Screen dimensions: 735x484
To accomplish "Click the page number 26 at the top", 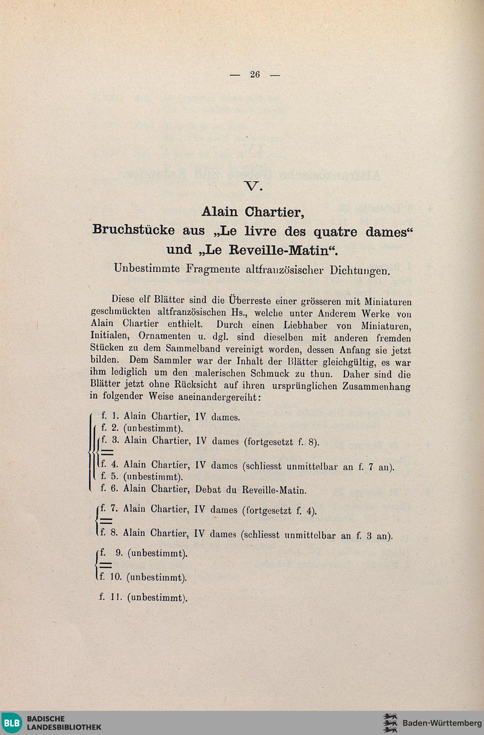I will (x=255, y=74).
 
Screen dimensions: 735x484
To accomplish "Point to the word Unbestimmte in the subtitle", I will (x=146, y=268).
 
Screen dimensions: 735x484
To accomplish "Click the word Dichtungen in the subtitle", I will (x=360, y=270).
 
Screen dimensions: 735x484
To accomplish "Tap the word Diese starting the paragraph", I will (x=123, y=299).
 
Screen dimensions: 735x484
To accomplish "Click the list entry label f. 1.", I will (x=109, y=415).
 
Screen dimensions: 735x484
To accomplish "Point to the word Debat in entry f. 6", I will (x=209, y=489).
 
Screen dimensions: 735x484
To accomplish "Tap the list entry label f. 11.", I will (x=109, y=597).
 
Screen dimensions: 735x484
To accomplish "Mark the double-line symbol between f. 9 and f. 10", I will (x=106, y=565).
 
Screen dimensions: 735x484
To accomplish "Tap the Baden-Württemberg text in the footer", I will (x=439, y=723).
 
